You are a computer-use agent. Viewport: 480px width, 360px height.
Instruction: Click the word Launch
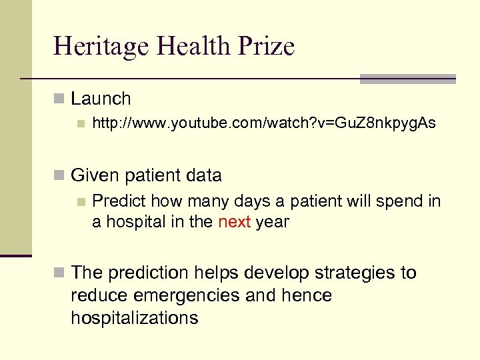(x=101, y=99)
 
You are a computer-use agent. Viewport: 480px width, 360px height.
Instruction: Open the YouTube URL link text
(x=263, y=123)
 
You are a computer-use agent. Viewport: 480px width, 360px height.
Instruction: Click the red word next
(x=234, y=222)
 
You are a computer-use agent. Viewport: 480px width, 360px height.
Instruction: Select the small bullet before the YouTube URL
(x=81, y=123)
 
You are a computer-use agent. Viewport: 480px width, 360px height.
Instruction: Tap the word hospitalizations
(x=135, y=318)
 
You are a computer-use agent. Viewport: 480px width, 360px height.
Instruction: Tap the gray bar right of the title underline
(x=407, y=79)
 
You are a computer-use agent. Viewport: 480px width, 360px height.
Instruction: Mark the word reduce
(x=99, y=295)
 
